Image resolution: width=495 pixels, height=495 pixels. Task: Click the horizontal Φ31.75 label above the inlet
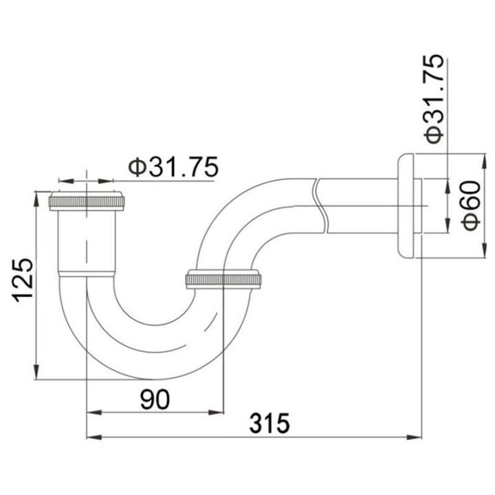point(173,167)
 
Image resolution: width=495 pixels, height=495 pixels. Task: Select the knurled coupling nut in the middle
point(223,279)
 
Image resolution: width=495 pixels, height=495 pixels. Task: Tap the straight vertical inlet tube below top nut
point(87,241)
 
